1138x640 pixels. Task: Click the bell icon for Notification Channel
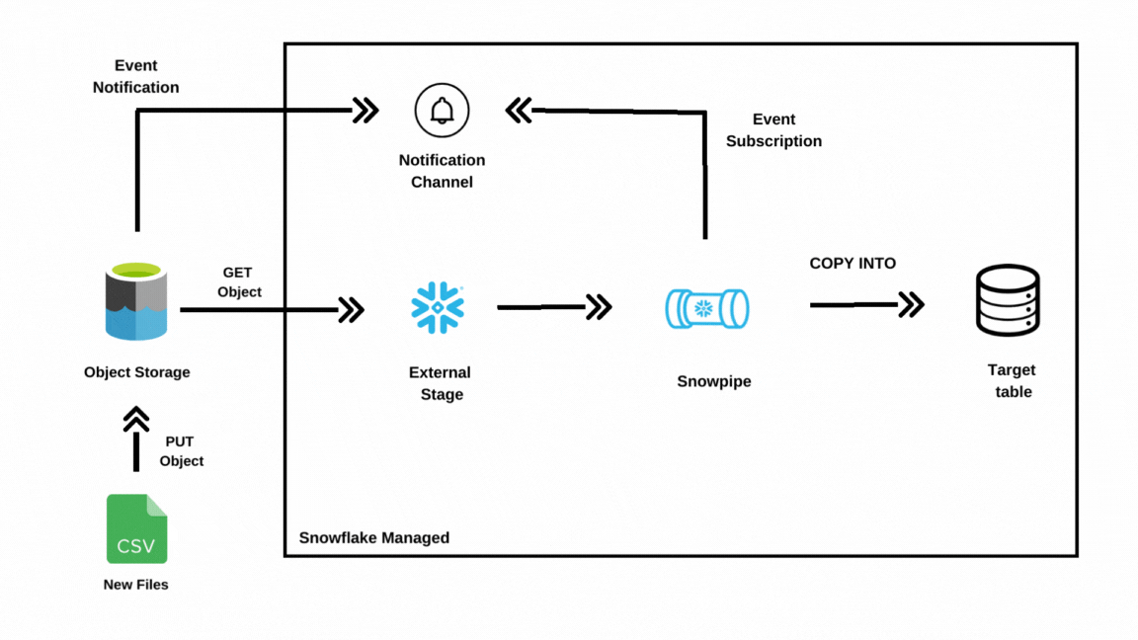[x=442, y=111]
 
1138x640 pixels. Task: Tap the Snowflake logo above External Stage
[x=438, y=308]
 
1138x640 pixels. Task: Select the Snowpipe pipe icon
[x=706, y=309]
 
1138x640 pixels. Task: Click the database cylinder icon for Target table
[x=1008, y=301]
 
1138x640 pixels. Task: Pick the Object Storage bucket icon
[x=136, y=301]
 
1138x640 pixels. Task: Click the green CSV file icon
[x=136, y=529]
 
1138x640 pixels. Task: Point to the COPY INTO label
[x=853, y=264]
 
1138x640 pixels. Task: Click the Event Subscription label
[x=773, y=130]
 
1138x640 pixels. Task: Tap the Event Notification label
[x=136, y=76]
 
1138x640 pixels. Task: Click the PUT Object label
[x=181, y=451]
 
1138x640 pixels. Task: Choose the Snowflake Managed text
[x=373, y=538]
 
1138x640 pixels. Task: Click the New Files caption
[x=136, y=585]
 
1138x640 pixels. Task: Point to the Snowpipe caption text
[x=713, y=381]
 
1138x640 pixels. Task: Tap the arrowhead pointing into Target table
[x=912, y=304]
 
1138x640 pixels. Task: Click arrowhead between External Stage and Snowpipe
[x=600, y=307]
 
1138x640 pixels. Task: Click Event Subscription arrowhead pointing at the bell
[x=519, y=110]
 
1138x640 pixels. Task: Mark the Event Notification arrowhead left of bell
[x=366, y=110]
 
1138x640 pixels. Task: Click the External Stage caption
[x=441, y=383]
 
